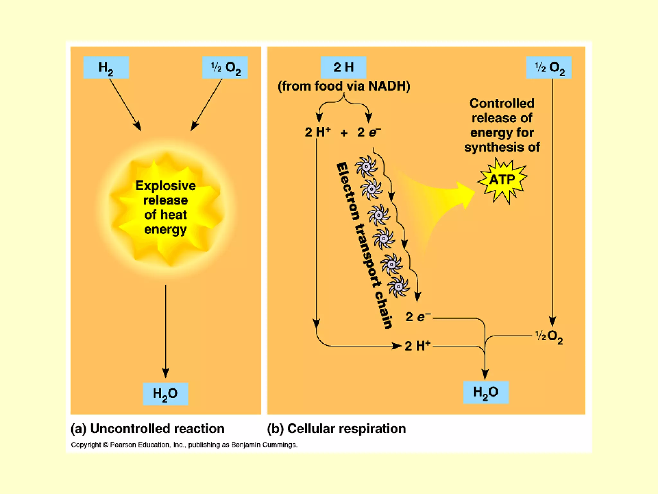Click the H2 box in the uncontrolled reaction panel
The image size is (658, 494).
click(106, 68)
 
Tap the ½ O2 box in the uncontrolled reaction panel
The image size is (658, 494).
click(225, 68)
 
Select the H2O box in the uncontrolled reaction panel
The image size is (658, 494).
click(165, 394)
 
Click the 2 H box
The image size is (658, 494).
click(343, 67)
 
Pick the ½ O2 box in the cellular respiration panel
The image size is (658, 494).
click(549, 68)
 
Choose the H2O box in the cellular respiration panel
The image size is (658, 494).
click(486, 392)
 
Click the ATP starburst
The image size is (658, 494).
click(502, 179)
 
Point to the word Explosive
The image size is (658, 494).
click(165, 186)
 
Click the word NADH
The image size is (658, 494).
click(389, 86)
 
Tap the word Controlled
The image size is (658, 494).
click(502, 104)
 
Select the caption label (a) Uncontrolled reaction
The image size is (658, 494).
click(147, 429)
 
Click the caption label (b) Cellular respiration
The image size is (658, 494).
click(336, 429)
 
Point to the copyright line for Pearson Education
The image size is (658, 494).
click(184, 445)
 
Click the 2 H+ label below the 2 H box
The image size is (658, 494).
click(317, 132)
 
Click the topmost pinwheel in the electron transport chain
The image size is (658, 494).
click(366, 166)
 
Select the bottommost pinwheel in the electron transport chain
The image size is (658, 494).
click(398, 286)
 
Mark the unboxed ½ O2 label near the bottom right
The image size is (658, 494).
click(549, 336)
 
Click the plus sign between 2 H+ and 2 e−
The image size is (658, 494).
click(344, 133)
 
